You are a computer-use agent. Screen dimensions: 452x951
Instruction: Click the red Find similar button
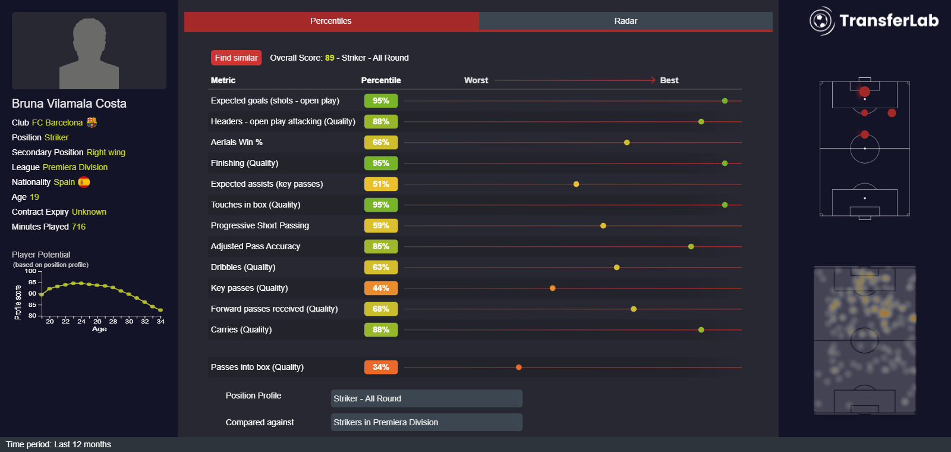236,58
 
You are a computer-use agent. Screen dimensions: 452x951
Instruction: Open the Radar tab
625,21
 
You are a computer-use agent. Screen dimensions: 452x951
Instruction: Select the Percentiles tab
330,21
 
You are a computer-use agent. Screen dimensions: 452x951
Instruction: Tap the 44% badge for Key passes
380,288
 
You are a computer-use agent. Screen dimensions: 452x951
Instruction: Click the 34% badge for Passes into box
380,367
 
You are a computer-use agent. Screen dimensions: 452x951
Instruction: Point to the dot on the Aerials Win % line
626,142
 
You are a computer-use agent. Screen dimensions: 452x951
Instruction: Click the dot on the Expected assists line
576,184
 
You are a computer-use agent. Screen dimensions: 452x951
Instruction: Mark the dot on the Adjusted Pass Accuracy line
691,246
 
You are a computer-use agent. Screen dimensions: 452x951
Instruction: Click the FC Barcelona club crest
92,122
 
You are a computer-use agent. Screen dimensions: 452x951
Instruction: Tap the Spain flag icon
84,182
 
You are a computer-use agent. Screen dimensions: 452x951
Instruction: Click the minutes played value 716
78,227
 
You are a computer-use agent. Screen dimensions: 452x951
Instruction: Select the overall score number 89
329,58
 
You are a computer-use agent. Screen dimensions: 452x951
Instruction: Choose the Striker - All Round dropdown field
426,398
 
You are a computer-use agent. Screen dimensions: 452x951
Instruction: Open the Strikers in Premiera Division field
426,422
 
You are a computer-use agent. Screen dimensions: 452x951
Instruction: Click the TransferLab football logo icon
821,21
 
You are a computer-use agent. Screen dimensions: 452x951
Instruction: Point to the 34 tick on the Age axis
160,321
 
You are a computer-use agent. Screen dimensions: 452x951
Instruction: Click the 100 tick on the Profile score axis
30,271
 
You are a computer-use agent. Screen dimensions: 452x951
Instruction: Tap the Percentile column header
380,80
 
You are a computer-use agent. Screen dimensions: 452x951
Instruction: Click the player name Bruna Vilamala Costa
69,103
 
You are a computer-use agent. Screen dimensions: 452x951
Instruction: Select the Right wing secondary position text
106,152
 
